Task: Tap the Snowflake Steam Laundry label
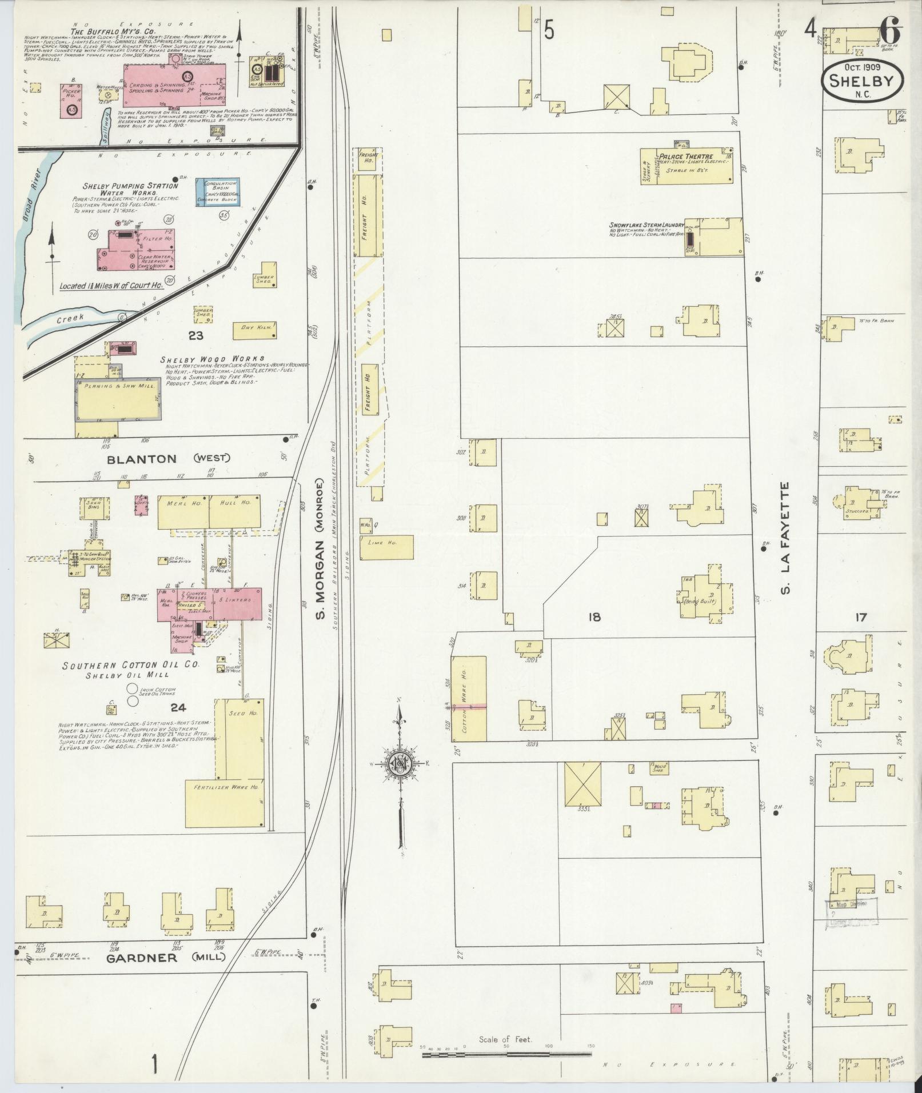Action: pos(646,225)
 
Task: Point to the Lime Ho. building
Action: pos(386,547)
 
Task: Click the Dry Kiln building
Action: pos(255,331)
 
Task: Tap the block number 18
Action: pos(594,617)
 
